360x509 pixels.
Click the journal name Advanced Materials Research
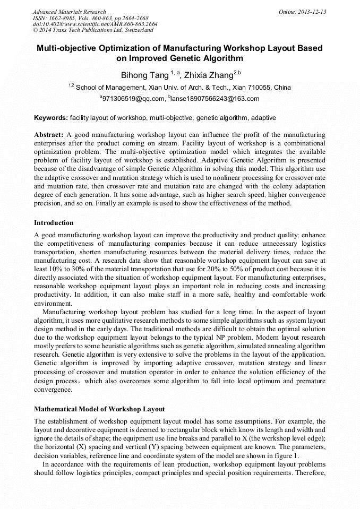(x=69, y=12)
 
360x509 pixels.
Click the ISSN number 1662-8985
(x=68, y=18)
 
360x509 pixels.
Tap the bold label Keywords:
(x=51, y=117)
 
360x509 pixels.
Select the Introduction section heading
(x=54, y=223)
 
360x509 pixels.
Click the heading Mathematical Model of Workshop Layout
(x=99, y=409)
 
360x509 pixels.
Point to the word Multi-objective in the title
(x=68, y=48)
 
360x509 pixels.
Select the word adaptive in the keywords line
(x=263, y=117)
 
